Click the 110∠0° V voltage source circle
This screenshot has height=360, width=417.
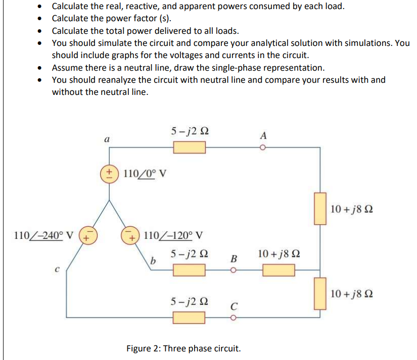tap(108, 173)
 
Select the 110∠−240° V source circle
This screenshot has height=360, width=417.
tap(87, 235)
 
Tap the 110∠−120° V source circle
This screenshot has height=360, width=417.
tap(130, 235)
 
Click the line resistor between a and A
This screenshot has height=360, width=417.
tap(190, 147)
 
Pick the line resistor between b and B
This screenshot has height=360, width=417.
tap(190, 270)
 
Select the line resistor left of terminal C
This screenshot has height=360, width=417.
tap(190, 318)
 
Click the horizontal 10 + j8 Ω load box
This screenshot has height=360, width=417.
tap(279, 270)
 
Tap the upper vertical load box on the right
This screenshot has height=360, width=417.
tap(319, 208)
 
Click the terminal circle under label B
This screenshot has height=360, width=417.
tap(234, 270)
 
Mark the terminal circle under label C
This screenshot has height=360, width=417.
tap(234, 318)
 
